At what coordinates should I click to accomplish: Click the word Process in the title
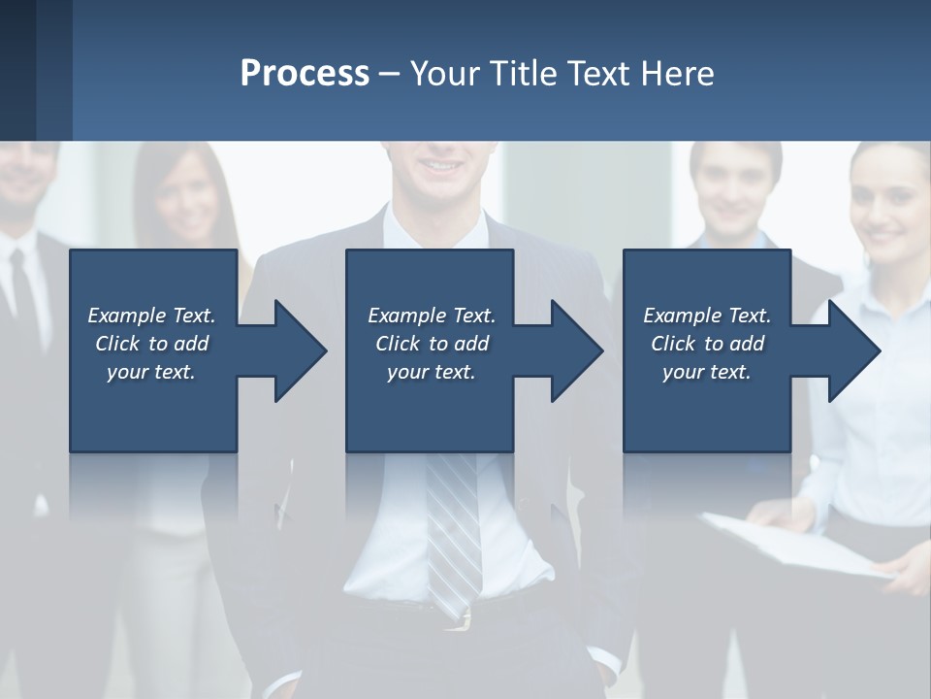coord(305,73)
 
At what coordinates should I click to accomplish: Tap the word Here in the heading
coord(676,73)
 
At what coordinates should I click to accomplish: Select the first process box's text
coord(151,344)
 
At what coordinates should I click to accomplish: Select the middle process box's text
coord(431,344)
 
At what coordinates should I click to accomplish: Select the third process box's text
coord(706,344)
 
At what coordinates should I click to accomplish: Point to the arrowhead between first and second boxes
coord(300,350)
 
